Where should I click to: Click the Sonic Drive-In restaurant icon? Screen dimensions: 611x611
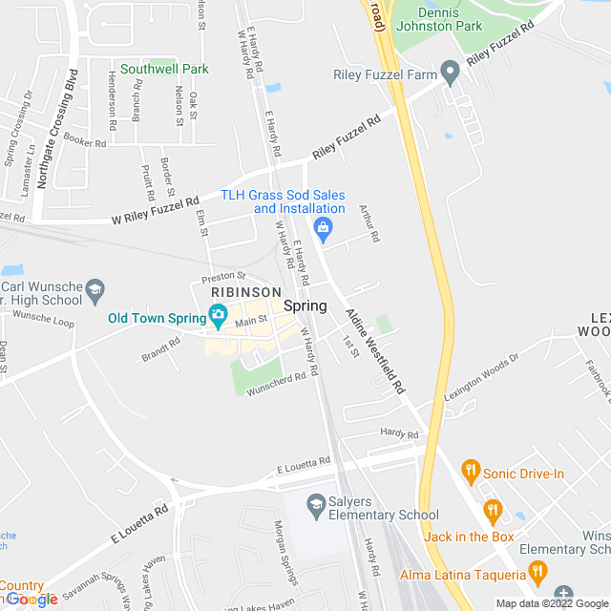click(x=470, y=470)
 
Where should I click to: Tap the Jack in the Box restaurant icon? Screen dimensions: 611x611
click(x=492, y=510)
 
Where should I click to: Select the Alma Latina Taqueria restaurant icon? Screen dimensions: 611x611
click(x=537, y=574)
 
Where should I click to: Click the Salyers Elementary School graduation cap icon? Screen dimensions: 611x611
click(x=316, y=502)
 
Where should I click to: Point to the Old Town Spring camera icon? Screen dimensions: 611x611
click(x=218, y=316)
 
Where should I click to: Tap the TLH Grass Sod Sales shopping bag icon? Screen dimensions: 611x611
click(x=325, y=228)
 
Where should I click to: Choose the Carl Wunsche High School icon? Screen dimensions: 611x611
click(x=95, y=287)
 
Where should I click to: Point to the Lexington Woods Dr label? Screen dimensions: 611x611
click(x=481, y=378)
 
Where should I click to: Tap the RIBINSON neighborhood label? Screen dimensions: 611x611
click(x=245, y=292)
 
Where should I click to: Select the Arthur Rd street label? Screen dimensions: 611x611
click(x=369, y=223)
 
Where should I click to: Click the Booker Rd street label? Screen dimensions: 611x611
click(x=85, y=140)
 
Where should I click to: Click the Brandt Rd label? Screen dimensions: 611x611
click(x=160, y=352)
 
